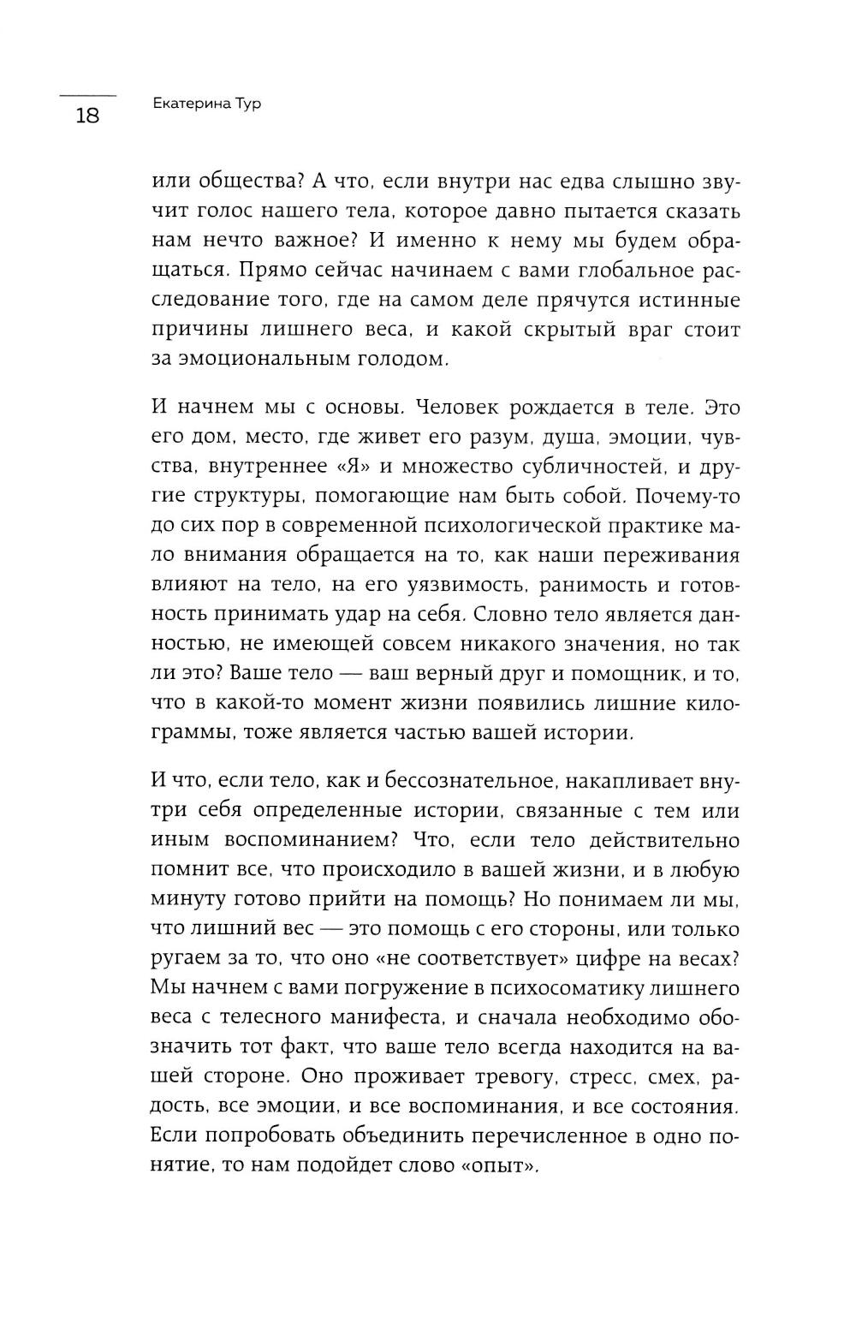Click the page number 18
click(x=87, y=116)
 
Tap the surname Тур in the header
click(x=244, y=104)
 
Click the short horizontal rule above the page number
click(x=87, y=93)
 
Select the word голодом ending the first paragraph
click(x=400, y=359)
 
